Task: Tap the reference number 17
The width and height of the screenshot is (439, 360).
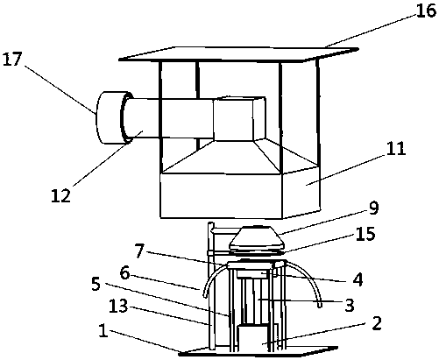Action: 12,60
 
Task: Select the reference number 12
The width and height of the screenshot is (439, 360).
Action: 61,195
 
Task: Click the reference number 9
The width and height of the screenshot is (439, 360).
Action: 373,208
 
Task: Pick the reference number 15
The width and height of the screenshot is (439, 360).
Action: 365,234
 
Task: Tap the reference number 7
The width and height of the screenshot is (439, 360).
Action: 139,251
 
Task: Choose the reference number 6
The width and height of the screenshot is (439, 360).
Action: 124,273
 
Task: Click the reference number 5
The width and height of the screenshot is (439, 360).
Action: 96,284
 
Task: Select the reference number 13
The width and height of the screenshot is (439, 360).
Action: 118,307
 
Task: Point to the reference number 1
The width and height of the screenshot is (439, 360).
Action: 103,332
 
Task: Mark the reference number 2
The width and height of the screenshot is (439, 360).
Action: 377,323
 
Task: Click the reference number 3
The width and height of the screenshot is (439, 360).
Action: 350,305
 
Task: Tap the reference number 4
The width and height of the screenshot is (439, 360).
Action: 358,279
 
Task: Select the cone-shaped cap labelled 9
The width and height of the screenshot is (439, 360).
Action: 257,239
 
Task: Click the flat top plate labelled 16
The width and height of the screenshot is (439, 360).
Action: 238,54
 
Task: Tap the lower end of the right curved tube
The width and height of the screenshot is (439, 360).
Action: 320,305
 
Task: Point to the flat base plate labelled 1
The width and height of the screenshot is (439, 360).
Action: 258,350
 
